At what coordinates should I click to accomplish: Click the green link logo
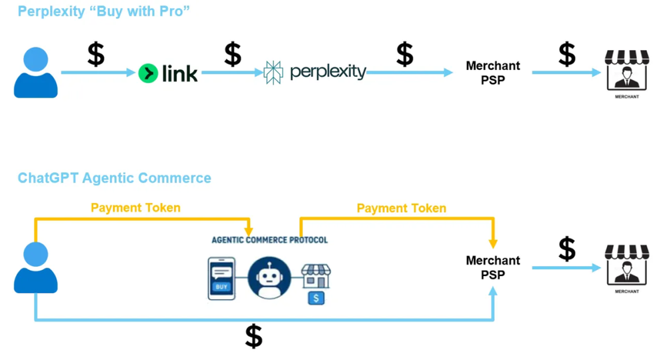(x=168, y=73)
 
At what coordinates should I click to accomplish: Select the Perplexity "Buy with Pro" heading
(x=104, y=11)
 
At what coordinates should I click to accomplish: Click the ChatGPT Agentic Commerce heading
(x=114, y=178)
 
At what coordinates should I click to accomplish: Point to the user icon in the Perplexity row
(x=35, y=73)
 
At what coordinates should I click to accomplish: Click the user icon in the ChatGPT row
(x=35, y=267)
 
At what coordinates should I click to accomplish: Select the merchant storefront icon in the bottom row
(x=626, y=266)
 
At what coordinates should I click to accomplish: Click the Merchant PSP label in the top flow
(x=493, y=73)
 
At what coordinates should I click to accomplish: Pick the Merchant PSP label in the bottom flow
(x=493, y=267)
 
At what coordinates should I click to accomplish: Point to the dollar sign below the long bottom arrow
(x=253, y=337)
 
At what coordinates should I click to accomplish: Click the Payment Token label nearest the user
(x=135, y=208)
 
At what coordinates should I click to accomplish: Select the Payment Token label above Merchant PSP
(x=401, y=209)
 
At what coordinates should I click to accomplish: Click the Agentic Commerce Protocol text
(x=269, y=239)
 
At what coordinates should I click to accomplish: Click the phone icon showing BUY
(x=221, y=279)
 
